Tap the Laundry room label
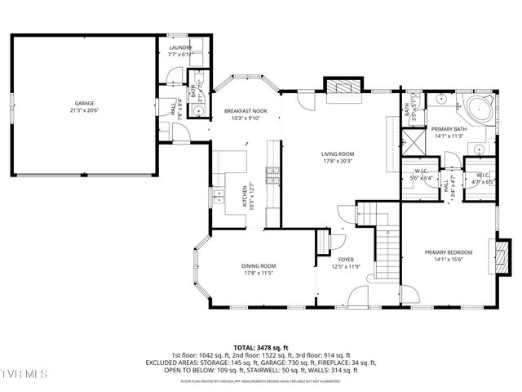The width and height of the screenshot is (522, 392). pos(180,48)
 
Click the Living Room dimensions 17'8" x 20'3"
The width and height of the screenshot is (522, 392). pos(337,161)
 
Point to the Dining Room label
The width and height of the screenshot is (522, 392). pos(258,266)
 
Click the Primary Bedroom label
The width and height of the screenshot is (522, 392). pos(447,252)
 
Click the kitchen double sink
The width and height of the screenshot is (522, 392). pos(219,197)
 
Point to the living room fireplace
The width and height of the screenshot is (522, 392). pos(342,87)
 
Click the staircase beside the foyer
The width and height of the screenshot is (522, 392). pos(386,245)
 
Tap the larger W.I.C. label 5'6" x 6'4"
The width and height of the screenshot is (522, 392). pos(420,176)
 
